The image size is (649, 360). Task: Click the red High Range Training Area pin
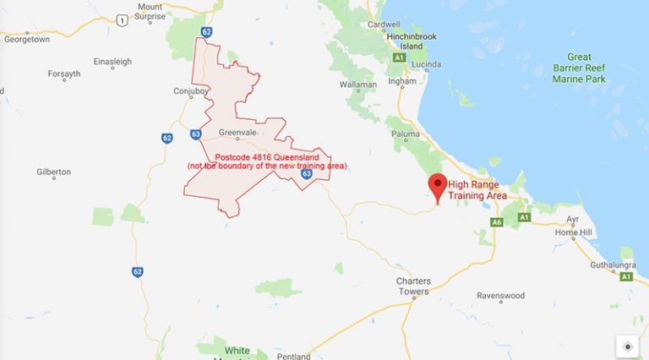click(x=438, y=185)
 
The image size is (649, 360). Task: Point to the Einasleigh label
click(x=112, y=61)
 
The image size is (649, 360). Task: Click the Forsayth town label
click(x=64, y=74)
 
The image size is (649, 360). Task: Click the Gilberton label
click(x=54, y=172)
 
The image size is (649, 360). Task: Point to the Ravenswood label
click(x=500, y=296)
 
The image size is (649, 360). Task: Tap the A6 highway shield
click(x=496, y=221)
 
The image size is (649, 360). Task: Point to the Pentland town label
click(x=293, y=356)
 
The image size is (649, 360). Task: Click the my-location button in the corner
click(x=627, y=346)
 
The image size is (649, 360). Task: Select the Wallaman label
click(x=357, y=85)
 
